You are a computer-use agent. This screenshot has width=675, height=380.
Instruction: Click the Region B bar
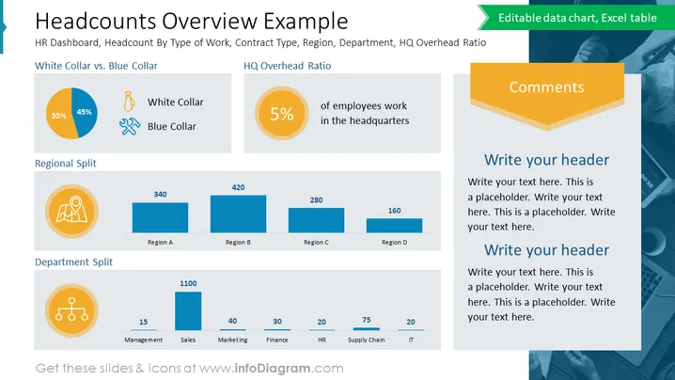238,214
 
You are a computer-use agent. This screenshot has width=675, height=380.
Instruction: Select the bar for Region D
394,226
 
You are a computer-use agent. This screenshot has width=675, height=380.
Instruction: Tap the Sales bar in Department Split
188,311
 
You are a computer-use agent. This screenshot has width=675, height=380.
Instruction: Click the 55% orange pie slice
60,114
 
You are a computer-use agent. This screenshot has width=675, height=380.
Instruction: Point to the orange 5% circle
281,113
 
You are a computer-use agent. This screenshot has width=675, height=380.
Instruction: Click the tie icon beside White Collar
129,102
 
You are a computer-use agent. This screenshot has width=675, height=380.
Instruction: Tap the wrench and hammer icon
130,126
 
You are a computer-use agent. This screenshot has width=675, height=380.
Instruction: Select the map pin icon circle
71,211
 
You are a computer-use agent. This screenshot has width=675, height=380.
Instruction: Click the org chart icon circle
71,310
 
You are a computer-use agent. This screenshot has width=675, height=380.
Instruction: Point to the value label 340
160,195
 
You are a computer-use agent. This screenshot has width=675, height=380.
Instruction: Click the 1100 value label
188,283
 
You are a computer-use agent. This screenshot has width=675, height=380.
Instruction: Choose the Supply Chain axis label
367,340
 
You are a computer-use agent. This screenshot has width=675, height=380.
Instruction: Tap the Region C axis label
316,242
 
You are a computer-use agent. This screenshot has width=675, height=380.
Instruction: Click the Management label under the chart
143,340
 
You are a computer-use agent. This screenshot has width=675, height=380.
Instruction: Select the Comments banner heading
547,87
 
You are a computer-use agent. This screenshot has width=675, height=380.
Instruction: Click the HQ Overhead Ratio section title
287,66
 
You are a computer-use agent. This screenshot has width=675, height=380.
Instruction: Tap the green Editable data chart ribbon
576,18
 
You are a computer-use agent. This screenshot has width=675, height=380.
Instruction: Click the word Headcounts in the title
96,21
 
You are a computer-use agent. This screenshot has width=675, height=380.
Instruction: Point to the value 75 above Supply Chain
367,320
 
